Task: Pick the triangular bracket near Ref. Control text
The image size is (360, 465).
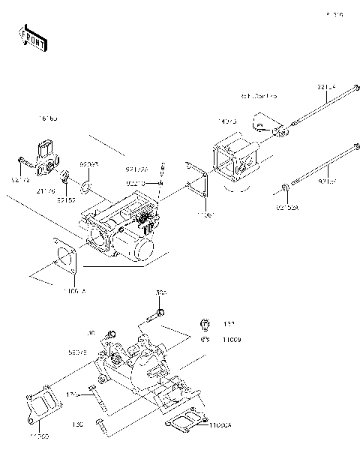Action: pyautogui.click(x=266, y=124)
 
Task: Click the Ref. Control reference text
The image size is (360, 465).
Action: pyautogui.click(x=258, y=97)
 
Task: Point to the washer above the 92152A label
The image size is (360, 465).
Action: pyautogui.click(x=286, y=186)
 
